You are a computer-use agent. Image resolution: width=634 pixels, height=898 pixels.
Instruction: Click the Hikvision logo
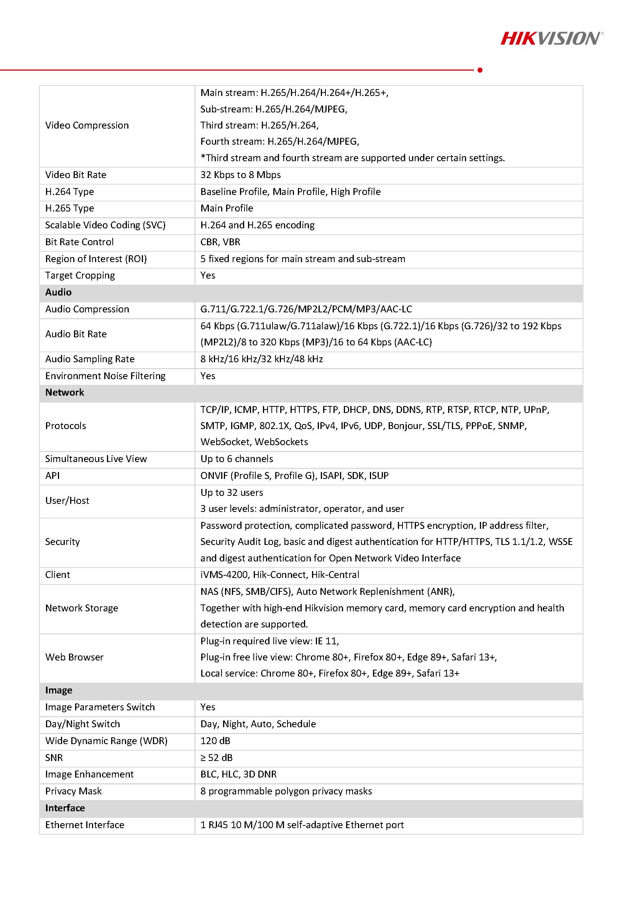[x=551, y=38]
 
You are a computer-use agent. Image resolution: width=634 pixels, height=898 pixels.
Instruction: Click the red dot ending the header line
[x=480, y=70]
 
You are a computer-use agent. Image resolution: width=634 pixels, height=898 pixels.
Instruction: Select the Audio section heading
[x=58, y=292]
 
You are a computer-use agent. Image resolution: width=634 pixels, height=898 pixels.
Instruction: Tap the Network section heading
[x=64, y=392]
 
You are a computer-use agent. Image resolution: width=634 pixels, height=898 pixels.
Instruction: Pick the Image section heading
[x=59, y=690]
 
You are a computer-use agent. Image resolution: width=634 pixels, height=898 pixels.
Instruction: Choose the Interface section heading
[x=65, y=808]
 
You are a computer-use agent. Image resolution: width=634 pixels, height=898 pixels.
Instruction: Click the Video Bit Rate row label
[x=76, y=175]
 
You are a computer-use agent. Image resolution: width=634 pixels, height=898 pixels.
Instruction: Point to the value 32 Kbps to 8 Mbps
[x=240, y=175]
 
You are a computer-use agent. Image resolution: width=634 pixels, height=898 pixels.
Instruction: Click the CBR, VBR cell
[x=220, y=242]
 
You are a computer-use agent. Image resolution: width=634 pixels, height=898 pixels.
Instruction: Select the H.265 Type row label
[x=69, y=208]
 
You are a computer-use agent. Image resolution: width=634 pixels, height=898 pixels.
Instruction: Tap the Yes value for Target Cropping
[x=208, y=275]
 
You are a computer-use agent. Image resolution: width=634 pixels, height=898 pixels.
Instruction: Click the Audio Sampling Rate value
[x=261, y=359]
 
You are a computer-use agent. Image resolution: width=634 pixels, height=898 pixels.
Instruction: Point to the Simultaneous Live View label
[x=96, y=459]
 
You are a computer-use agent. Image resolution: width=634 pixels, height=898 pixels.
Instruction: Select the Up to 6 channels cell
[x=237, y=459]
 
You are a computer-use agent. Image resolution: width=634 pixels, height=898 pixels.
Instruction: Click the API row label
[x=53, y=475]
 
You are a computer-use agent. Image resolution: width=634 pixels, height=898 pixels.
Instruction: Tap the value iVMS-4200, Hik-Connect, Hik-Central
[x=280, y=575]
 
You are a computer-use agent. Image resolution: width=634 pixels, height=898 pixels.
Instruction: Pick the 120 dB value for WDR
[x=215, y=741]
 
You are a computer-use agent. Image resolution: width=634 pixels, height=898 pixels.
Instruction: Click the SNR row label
[x=54, y=758]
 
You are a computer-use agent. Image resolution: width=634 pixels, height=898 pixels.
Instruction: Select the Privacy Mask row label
[x=74, y=791]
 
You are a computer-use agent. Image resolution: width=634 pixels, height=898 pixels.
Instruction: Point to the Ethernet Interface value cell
[x=302, y=825]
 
